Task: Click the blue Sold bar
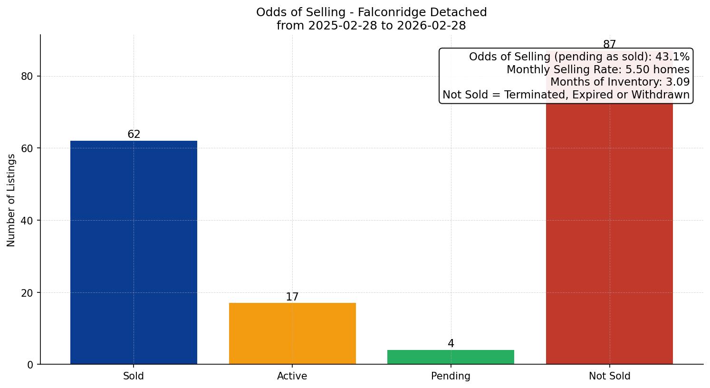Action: pos(134,252)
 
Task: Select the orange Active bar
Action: pos(292,333)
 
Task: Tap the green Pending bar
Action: pos(451,357)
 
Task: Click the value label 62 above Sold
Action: pos(134,135)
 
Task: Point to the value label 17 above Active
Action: pos(292,297)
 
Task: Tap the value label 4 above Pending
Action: pos(451,344)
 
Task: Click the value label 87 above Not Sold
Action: pos(609,45)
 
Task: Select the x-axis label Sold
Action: pos(134,376)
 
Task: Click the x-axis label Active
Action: pos(292,376)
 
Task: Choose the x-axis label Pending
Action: pos(451,376)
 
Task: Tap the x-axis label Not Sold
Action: pos(609,376)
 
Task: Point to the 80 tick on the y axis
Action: pos(28,76)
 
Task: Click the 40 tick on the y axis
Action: pos(28,221)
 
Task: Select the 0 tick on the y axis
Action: pos(30,365)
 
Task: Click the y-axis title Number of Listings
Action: pos(11,200)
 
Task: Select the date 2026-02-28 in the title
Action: pos(432,26)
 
